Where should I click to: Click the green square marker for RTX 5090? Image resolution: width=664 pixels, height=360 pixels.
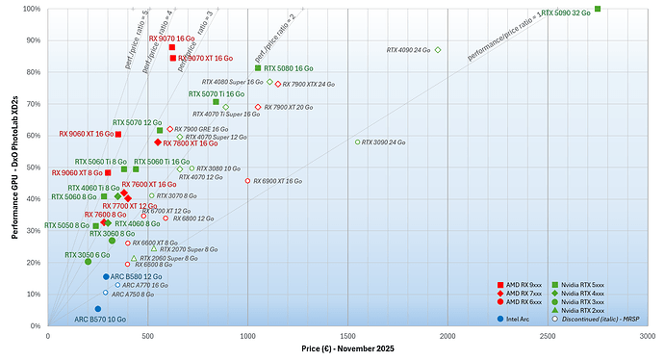[x=598, y=9]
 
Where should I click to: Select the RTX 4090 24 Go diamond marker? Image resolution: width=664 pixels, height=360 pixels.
[x=438, y=50]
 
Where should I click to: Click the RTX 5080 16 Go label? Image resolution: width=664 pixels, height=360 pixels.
[x=290, y=68]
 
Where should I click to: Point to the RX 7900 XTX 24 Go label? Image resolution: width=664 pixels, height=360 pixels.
[x=309, y=85]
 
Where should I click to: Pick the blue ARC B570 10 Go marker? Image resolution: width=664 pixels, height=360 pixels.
[x=97, y=309]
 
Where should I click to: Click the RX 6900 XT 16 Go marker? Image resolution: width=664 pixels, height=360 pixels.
[x=247, y=181]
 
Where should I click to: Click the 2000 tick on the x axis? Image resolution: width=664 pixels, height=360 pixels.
[x=447, y=336]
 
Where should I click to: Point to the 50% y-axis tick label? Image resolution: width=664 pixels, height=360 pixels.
[x=34, y=167]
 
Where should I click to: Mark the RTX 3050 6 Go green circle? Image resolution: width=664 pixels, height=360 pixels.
[x=88, y=262]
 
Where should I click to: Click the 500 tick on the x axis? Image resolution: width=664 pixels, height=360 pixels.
[x=148, y=336]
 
